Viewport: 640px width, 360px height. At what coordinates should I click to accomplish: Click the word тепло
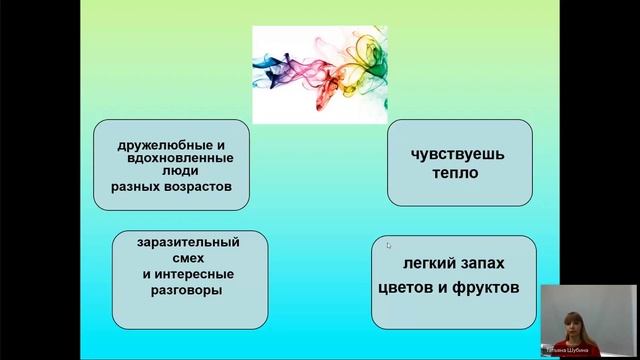(458, 173)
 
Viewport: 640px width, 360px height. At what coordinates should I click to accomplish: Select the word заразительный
(189, 242)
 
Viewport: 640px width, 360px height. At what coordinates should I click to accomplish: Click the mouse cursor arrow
(389, 243)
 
